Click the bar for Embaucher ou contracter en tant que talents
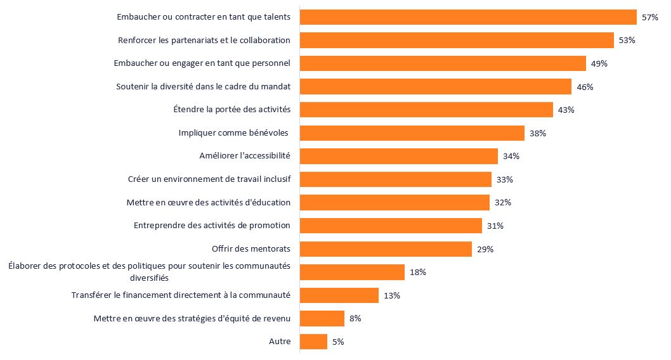(x=467, y=17)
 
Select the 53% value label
(x=627, y=41)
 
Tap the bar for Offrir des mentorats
(x=386, y=249)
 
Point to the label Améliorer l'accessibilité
(x=245, y=156)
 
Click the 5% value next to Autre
(x=338, y=342)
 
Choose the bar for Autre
(x=313, y=342)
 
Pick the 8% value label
(x=355, y=319)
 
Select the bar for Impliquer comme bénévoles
(x=412, y=133)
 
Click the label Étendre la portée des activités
(x=231, y=110)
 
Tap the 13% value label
(x=392, y=295)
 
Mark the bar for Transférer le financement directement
(x=339, y=295)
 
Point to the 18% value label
(x=418, y=273)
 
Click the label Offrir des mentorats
(x=251, y=249)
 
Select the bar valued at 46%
(x=435, y=87)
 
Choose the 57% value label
(x=650, y=17)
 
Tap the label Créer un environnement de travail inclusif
(x=209, y=179)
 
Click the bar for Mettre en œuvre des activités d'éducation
(x=394, y=203)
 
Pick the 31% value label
(x=495, y=226)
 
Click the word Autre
(x=280, y=342)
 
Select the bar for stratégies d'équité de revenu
(x=322, y=319)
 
